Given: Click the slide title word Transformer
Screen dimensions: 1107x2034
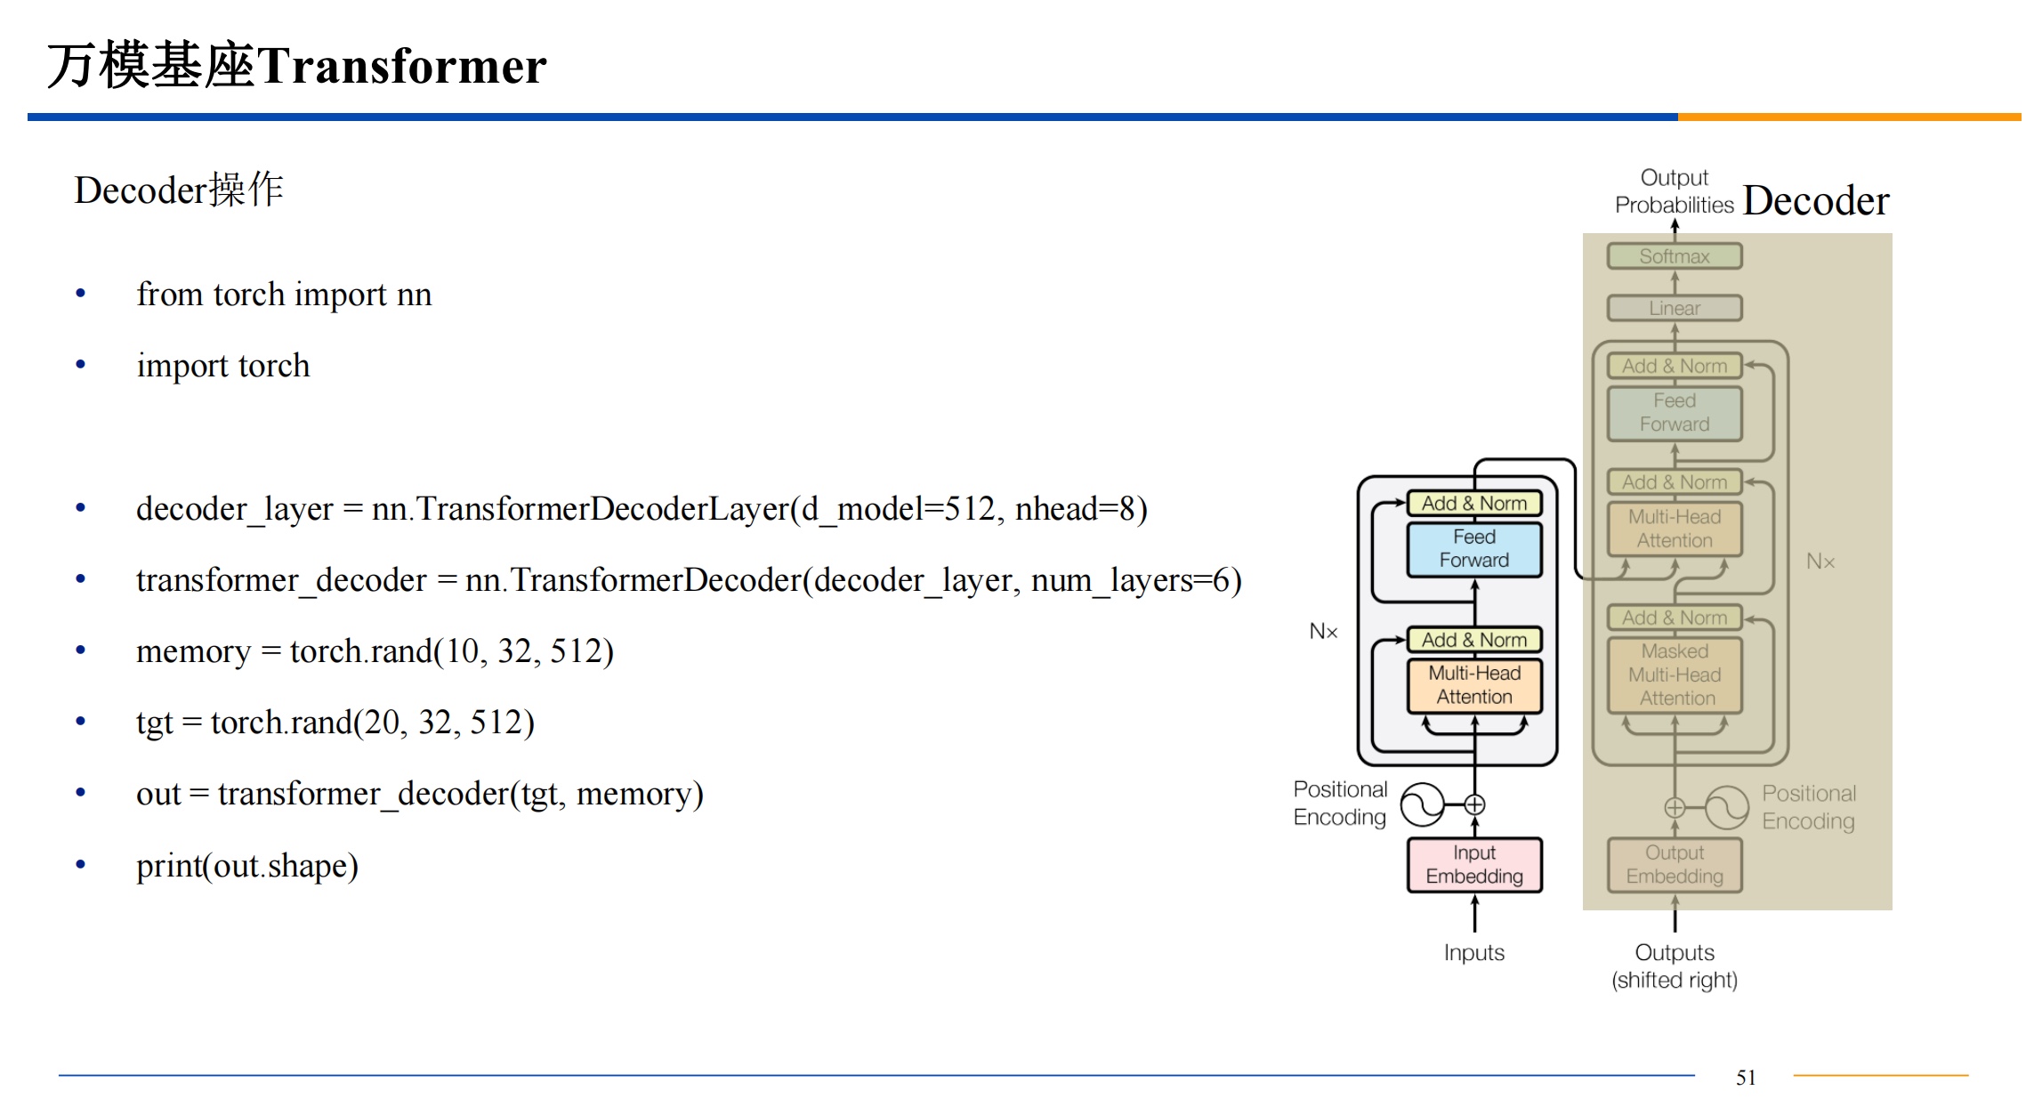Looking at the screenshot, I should [x=402, y=66].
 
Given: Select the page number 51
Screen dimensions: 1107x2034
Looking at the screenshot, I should [x=1746, y=1078].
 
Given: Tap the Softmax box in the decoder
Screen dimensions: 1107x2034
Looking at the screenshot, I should [x=1675, y=256].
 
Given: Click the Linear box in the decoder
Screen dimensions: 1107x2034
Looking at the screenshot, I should [x=1675, y=309].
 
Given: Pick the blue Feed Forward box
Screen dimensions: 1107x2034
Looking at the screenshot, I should [x=1474, y=549].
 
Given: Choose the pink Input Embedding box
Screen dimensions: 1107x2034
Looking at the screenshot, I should [x=1474, y=865].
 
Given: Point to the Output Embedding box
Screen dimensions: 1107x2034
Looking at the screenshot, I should [x=1675, y=865].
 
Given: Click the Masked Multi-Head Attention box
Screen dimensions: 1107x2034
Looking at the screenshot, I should [x=1675, y=675].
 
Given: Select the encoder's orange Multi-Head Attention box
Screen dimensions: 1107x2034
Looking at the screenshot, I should [x=1474, y=685].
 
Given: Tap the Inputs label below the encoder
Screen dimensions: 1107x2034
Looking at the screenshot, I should [x=1474, y=953].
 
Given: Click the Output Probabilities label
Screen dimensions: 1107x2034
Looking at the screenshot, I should [x=1675, y=191].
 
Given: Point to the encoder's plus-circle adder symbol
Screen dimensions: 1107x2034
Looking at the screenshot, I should [x=1474, y=805].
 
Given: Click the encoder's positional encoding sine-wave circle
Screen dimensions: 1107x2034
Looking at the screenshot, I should [x=1422, y=805].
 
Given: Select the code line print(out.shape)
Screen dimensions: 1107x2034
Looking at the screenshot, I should [x=247, y=866].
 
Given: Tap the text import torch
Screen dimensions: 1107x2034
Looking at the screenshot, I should [x=223, y=366].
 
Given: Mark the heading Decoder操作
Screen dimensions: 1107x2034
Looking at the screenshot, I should [x=179, y=190].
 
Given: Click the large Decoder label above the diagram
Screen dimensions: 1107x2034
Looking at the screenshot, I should [x=1815, y=201].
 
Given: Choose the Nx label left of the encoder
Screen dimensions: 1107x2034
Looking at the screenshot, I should [x=1323, y=632].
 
